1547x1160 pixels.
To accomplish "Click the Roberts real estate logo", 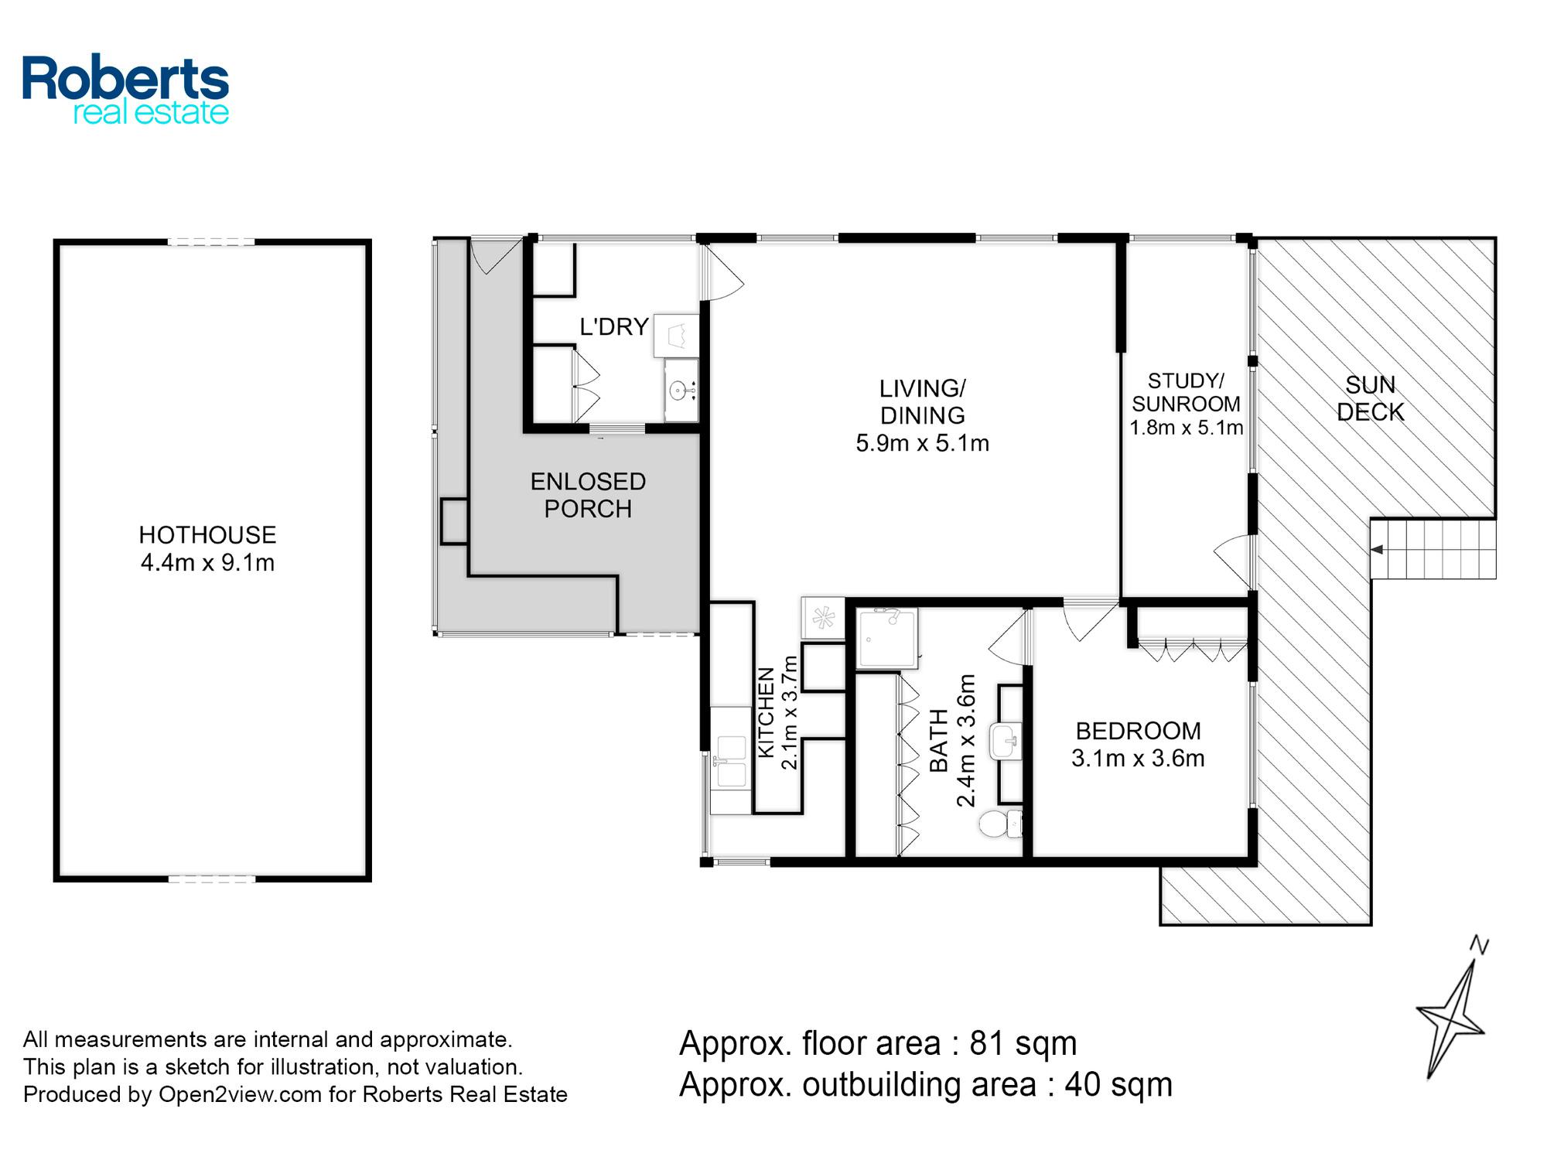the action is click(125, 90).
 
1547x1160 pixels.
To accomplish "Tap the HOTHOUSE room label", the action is click(207, 534).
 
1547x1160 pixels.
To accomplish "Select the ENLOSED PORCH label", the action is click(588, 495).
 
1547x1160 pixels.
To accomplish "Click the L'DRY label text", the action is click(614, 327).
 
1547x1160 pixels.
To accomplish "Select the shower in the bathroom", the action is click(888, 638).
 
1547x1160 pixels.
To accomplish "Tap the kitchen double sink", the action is click(730, 761).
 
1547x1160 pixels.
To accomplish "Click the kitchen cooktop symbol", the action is click(822, 618).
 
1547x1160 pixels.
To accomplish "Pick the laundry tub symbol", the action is click(677, 336).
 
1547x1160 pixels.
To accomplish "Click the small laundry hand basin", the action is click(681, 390).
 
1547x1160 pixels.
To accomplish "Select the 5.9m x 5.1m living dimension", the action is click(922, 443).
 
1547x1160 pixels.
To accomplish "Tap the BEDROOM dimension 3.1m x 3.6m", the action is click(1138, 758).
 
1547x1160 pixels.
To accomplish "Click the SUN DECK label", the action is click(1370, 398).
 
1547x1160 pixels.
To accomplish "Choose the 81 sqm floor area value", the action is click(1023, 1043).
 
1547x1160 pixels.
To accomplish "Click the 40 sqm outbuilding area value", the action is click(1118, 1084).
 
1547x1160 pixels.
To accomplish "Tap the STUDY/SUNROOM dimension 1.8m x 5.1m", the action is click(1186, 428).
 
